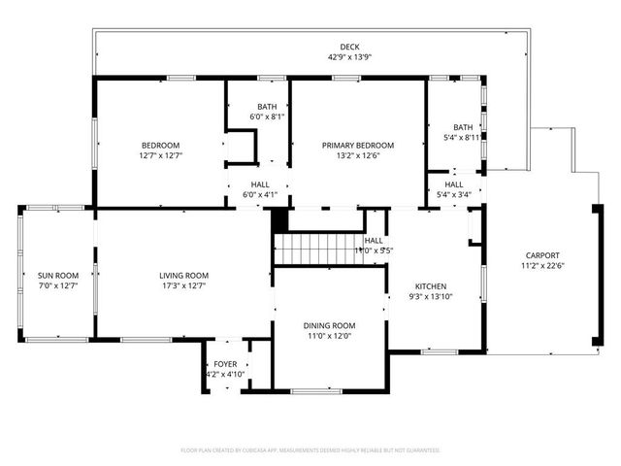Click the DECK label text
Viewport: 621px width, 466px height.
pyautogui.click(x=349, y=48)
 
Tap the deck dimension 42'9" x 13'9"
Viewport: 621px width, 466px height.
pyautogui.click(x=349, y=58)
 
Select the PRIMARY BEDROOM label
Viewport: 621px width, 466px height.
pyautogui.click(x=358, y=145)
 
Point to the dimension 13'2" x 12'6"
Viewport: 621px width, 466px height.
pyautogui.click(x=358, y=155)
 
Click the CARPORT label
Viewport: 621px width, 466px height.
pyautogui.click(x=542, y=255)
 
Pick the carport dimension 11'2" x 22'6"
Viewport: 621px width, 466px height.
pyautogui.click(x=542, y=266)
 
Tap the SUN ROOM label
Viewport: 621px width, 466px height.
pyautogui.click(x=57, y=275)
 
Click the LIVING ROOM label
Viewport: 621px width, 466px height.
pyautogui.click(x=184, y=275)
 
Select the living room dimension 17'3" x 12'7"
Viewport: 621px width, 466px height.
pyautogui.click(x=184, y=285)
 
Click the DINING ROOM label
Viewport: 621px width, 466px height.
pyautogui.click(x=331, y=325)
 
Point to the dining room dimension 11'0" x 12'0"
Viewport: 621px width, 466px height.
pyautogui.click(x=331, y=336)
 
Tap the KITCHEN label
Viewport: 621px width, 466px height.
pyautogui.click(x=431, y=286)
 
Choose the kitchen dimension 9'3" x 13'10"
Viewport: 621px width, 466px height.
pyautogui.click(x=431, y=297)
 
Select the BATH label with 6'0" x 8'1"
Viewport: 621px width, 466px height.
pyautogui.click(x=267, y=107)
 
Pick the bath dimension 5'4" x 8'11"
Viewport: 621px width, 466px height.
pyautogui.click(x=462, y=138)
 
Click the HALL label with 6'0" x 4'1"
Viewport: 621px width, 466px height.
pyautogui.click(x=258, y=183)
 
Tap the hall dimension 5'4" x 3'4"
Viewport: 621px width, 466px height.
pyautogui.click(x=454, y=195)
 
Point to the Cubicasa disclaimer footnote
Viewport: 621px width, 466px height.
pyautogui.click(x=310, y=450)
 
